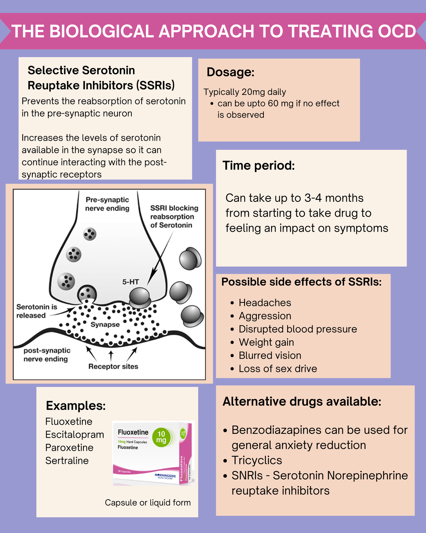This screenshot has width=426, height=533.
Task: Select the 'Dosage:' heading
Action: pyautogui.click(x=230, y=72)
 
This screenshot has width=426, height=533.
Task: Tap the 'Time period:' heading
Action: pyautogui.click(x=258, y=166)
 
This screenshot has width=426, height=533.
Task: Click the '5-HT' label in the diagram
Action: pyautogui.click(x=130, y=282)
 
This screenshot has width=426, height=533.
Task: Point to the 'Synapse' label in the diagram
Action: pyautogui.click(x=105, y=324)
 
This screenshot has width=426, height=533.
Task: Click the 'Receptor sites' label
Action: pyautogui.click(x=113, y=366)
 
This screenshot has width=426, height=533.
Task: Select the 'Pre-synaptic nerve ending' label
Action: pyautogui.click(x=107, y=204)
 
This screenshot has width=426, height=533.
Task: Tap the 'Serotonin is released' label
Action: pyautogui.click(x=36, y=311)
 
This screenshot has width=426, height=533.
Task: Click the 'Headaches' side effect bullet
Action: pyautogui.click(x=264, y=303)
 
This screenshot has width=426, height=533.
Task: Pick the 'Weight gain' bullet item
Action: pyautogui.click(x=266, y=342)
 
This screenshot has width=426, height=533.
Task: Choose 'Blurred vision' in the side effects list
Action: pyautogui.click(x=270, y=355)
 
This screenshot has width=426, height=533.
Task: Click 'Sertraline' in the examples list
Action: pyautogui.click(x=67, y=461)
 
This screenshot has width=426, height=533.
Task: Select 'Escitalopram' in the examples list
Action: pyautogui.click(x=75, y=435)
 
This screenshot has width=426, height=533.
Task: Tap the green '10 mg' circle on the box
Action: pyautogui.click(x=161, y=437)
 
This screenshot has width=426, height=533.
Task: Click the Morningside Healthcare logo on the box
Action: pyautogui.click(x=165, y=476)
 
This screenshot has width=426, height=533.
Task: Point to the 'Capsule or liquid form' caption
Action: pyautogui.click(x=148, y=502)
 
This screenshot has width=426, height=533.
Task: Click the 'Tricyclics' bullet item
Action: pyautogui.click(x=257, y=460)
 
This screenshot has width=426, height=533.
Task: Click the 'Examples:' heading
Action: pyautogui.click(x=76, y=405)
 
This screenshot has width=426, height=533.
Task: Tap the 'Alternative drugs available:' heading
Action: pyautogui.click(x=302, y=402)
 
